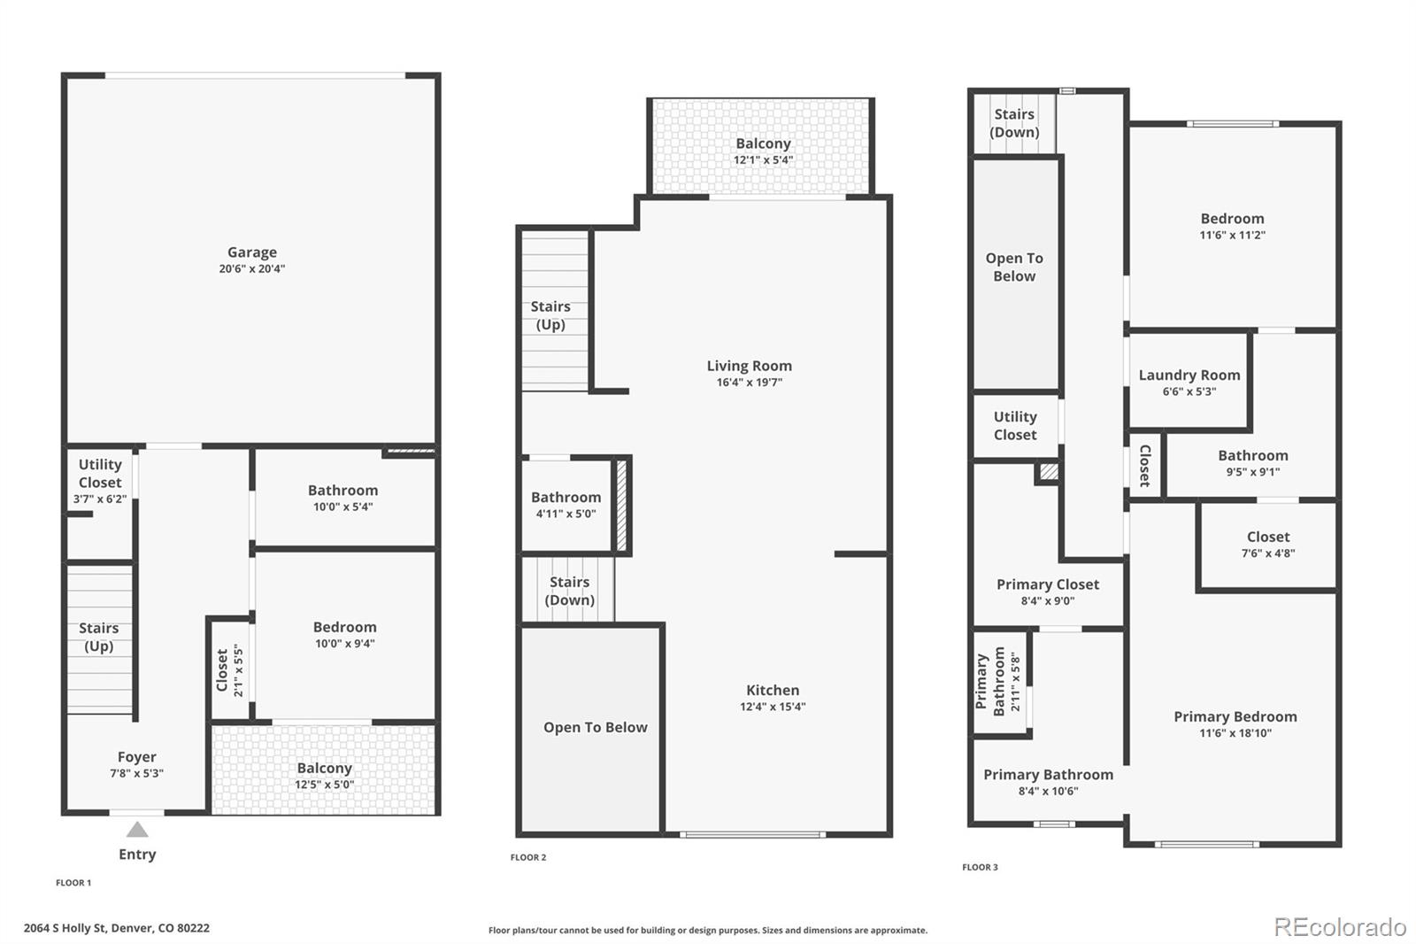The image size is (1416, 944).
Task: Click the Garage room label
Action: point(251,252)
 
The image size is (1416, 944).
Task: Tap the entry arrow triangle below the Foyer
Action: point(137,830)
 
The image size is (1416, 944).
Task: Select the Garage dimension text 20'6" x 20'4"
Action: point(251,269)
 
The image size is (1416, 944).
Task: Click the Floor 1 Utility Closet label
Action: point(99,473)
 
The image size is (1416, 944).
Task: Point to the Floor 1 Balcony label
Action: point(324,768)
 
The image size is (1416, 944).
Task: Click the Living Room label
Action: point(749,366)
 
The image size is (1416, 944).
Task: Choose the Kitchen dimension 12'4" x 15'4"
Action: point(773,707)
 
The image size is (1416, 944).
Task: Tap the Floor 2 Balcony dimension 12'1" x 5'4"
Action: point(763,160)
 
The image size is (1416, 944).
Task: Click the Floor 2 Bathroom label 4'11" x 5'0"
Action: point(566,498)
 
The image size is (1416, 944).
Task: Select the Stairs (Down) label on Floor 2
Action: point(569,591)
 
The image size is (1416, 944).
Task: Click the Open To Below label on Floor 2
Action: point(595,727)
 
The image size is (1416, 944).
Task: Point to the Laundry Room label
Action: point(1189,375)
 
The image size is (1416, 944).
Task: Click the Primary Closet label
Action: point(1047,584)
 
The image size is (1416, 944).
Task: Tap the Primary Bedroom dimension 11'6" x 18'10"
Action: point(1235,733)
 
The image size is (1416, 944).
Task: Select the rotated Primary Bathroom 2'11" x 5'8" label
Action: point(997,682)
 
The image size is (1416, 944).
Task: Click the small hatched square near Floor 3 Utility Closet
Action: point(1048,472)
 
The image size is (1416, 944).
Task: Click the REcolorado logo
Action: point(1339,927)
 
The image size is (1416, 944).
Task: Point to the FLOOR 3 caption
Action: point(980,867)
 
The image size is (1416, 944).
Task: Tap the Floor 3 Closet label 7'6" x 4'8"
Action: point(1267,537)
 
